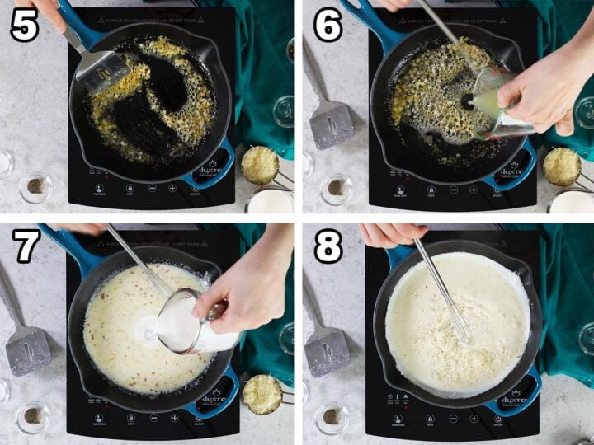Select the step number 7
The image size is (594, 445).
tap(26, 246)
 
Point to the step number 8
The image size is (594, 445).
tap(327, 246)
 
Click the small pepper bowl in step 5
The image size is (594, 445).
tap(35, 187)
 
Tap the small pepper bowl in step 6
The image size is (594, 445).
tap(337, 188)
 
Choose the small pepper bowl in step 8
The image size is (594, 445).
tap(332, 417)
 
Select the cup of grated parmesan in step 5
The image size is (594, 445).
tap(259, 165)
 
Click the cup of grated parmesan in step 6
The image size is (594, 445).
tap(562, 166)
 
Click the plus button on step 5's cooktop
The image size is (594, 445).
tap(172, 189)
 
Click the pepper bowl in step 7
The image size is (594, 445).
tap(34, 417)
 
